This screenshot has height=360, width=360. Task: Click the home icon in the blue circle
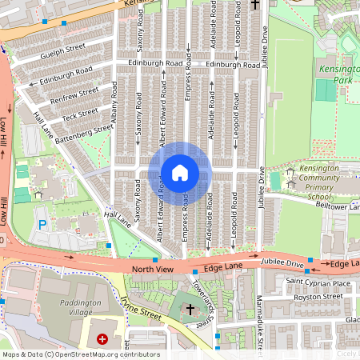tap(180, 173)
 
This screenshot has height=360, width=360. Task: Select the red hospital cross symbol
tap(102, 339)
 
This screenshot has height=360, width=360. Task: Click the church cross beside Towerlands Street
tap(190, 308)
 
